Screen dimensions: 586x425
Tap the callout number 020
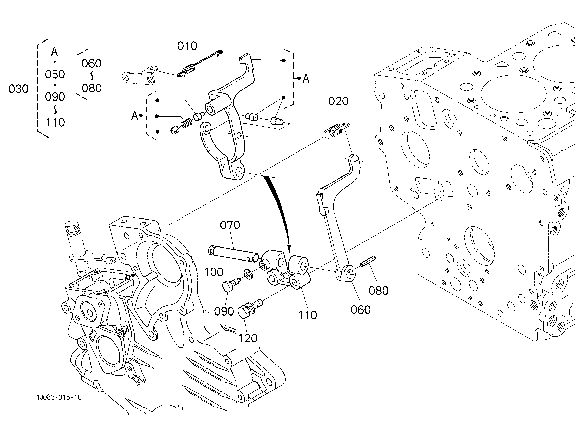[338, 101]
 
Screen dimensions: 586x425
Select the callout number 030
[18, 89]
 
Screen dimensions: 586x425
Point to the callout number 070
[230, 225]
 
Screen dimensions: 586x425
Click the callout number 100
[214, 272]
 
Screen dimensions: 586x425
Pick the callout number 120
[248, 338]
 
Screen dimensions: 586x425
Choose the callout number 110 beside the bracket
[307, 315]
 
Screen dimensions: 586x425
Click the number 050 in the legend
[55, 74]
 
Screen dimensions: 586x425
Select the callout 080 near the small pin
[379, 291]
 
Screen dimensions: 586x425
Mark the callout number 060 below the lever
[360, 310]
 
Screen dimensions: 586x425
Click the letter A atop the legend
[54, 52]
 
